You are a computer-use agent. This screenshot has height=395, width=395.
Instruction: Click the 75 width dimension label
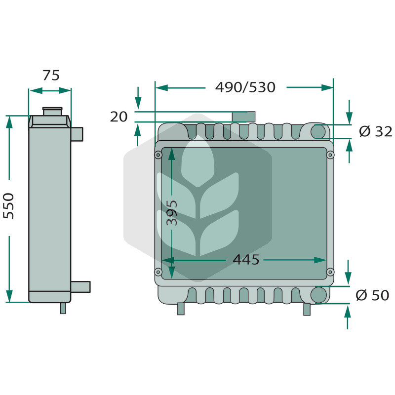click(x=51, y=75)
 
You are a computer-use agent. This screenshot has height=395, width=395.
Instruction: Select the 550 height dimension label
click(x=8, y=206)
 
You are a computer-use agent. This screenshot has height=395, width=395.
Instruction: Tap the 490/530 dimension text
click(x=245, y=87)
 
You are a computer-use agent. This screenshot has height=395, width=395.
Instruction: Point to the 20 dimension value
click(x=118, y=117)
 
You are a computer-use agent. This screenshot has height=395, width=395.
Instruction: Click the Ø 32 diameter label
click(x=376, y=131)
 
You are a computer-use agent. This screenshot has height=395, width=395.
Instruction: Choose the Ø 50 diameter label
click(x=372, y=295)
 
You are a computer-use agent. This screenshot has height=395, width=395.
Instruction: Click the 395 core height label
click(x=172, y=213)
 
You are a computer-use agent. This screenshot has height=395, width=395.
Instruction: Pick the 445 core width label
click(x=246, y=260)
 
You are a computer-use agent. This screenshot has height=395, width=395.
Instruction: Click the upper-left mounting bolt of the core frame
click(x=158, y=155)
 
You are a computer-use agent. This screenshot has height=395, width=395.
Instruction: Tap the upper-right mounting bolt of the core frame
click(x=330, y=155)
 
